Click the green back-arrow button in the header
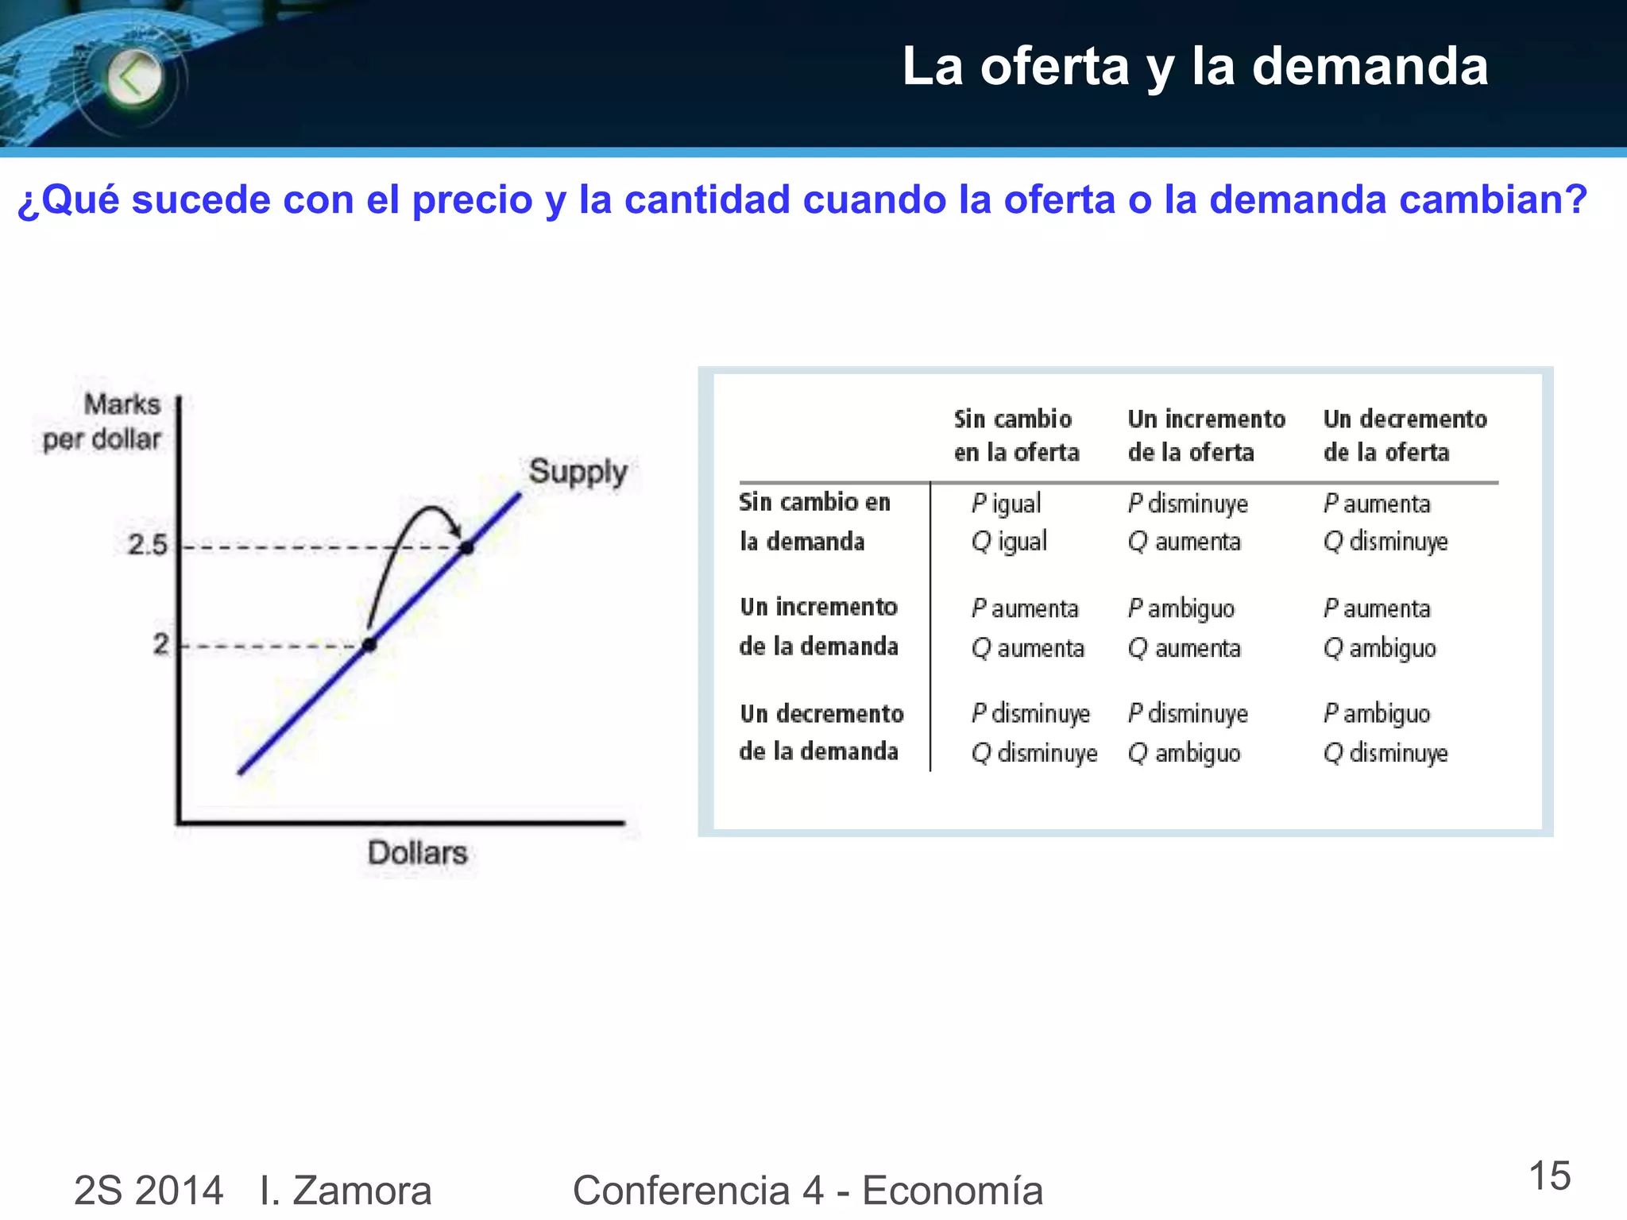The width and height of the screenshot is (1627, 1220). [x=133, y=78]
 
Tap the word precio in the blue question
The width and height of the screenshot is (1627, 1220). [x=472, y=199]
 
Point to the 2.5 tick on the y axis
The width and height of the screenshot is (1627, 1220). [x=148, y=545]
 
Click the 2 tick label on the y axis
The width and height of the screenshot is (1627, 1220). [x=161, y=643]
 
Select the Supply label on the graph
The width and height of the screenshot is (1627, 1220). [x=578, y=472]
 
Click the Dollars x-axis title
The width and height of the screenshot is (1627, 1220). [x=417, y=853]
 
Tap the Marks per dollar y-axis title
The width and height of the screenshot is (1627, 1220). [x=103, y=422]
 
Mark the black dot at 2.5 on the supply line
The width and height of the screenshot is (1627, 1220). [x=467, y=547]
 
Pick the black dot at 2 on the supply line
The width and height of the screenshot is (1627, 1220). [x=369, y=644]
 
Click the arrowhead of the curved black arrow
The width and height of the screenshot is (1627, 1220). [x=454, y=529]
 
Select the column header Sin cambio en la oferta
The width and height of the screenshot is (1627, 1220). [x=1016, y=435]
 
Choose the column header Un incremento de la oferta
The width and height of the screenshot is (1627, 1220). [x=1206, y=435]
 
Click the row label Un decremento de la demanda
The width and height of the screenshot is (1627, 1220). [x=821, y=732]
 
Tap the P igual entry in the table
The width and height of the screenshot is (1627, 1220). [x=1006, y=504]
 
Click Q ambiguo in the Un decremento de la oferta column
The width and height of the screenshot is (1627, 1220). [x=1380, y=649]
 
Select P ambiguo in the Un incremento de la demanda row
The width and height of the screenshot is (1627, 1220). [x=1181, y=609]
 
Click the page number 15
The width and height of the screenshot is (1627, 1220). [x=1549, y=1176]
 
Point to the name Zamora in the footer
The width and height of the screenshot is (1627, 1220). [x=361, y=1190]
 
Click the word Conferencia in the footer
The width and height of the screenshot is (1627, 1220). [x=681, y=1190]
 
